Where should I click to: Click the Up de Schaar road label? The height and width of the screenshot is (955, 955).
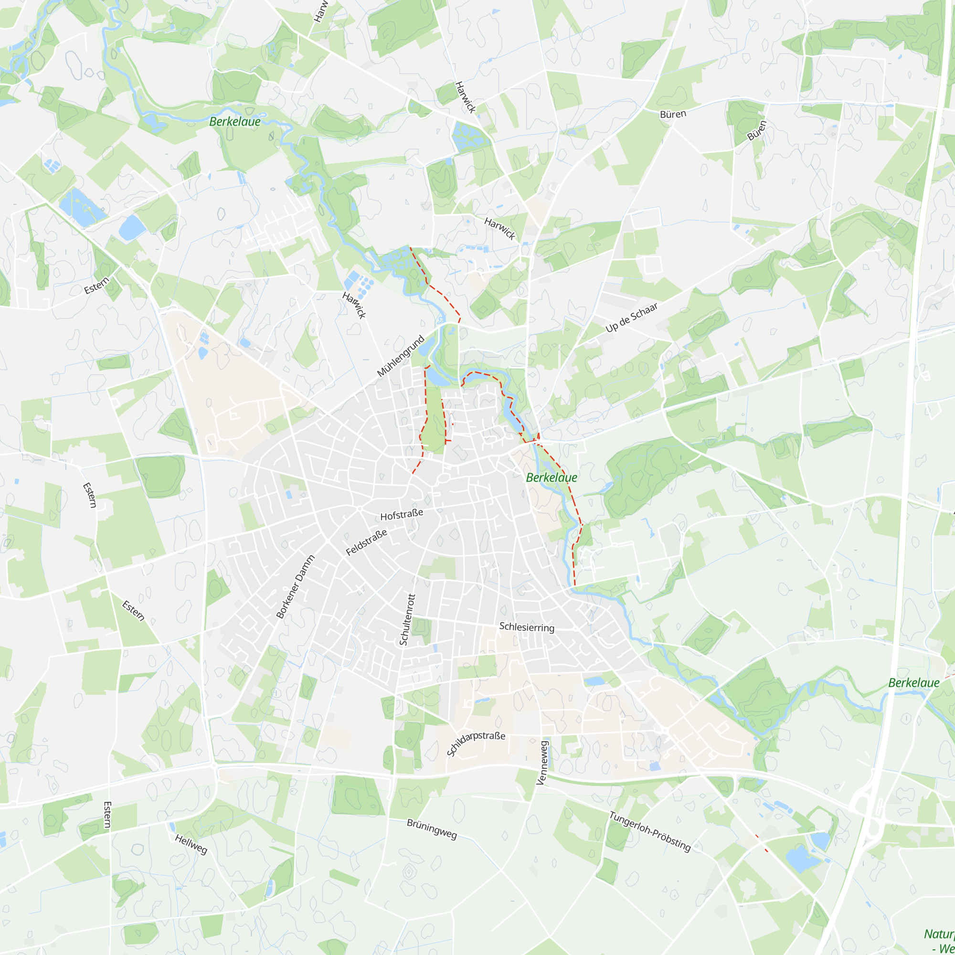click(631, 318)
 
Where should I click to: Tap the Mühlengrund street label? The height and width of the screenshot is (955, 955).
click(401, 356)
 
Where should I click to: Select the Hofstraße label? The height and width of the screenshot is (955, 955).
click(402, 515)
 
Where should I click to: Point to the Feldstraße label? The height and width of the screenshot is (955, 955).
click(366, 542)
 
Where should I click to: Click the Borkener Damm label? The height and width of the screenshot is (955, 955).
click(295, 587)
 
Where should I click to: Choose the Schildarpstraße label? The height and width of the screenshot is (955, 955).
click(476, 743)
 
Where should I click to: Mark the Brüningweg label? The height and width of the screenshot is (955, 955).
click(432, 829)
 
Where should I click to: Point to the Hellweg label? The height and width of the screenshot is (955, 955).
click(191, 844)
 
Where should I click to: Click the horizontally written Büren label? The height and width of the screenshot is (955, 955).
click(673, 114)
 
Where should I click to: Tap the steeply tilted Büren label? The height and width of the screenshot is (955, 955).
click(756, 130)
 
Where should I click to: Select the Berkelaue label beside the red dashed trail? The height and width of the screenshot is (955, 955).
click(551, 477)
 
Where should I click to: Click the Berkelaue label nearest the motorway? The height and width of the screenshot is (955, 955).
click(913, 683)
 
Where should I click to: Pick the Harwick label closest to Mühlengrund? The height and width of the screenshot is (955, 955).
click(354, 305)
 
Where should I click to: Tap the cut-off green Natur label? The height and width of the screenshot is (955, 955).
click(940, 934)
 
